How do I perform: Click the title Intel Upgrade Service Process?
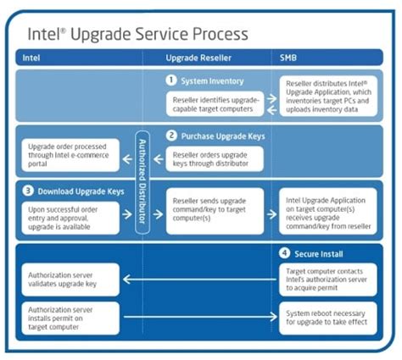click(x=138, y=34)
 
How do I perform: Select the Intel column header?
click(x=31, y=58)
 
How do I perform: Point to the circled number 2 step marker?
click(x=172, y=135)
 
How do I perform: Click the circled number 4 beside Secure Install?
click(x=286, y=253)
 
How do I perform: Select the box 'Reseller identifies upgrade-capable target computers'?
click(x=216, y=104)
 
